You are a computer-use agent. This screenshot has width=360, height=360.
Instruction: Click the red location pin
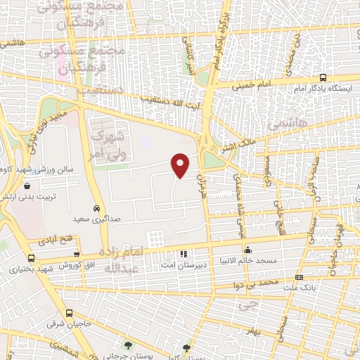pos(181,165)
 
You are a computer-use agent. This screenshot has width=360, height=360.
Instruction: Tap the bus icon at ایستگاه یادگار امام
pos(322,78)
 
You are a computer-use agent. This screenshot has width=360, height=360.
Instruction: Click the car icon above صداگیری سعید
pos(96,208)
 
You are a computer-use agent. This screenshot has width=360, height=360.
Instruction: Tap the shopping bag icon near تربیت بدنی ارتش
pos(27,186)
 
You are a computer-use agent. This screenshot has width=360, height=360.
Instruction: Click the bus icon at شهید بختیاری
pos(31,258)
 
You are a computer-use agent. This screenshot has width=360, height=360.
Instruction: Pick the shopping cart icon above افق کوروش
pos(77,255)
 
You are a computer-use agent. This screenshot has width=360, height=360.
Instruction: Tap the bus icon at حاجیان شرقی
pos(69,313)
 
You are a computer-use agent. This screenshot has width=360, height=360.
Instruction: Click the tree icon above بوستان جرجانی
pos(129,345)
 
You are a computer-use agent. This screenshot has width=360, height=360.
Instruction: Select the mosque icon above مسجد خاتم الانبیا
pos(247,250)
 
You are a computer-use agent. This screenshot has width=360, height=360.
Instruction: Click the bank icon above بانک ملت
pos(300,278)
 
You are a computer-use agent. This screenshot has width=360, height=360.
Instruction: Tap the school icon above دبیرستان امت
pos(183,253)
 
